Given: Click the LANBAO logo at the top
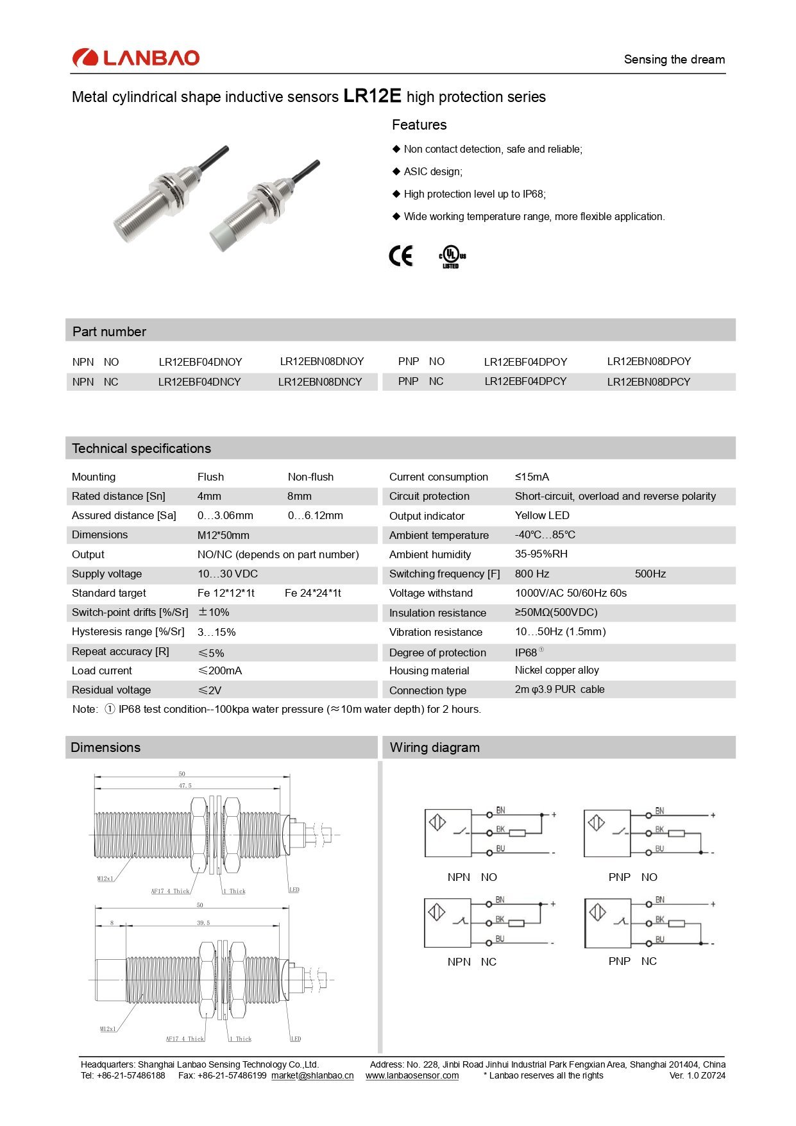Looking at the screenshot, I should point(136,58).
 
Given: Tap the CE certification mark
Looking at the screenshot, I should point(402,256).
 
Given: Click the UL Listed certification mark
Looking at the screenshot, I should point(452,257).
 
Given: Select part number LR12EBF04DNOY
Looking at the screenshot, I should point(200,362).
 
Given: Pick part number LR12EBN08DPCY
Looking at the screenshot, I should point(648,382).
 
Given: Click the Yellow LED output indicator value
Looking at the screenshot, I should point(542,515).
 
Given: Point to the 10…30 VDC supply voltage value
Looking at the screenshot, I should point(228,574).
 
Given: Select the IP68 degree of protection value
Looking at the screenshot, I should point(526,653).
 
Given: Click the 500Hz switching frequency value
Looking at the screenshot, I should point(650,574).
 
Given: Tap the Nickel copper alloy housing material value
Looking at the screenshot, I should point(557,670).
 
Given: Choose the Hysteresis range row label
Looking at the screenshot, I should point(128,631).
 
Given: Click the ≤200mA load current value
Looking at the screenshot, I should point(220,670).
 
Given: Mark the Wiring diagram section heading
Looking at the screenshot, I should point(435,747).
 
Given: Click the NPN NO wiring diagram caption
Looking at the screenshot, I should point(472,877).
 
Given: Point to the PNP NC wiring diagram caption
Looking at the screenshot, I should point(632,961).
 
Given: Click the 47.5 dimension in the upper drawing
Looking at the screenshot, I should point(185,785).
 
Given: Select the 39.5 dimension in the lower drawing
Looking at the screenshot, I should point(203,923).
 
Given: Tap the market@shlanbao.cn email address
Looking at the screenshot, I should point(312,1075).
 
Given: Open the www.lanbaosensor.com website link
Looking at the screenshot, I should point(412,1075).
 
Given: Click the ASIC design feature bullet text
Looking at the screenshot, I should point(433,171).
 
